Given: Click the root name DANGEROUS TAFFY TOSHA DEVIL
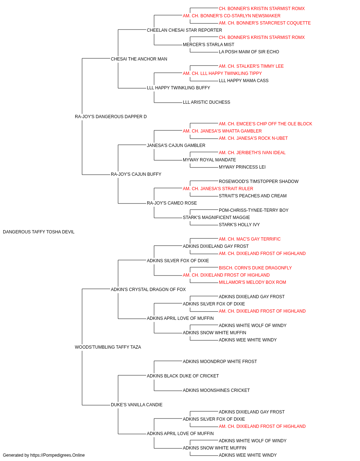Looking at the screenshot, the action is click(39, 232).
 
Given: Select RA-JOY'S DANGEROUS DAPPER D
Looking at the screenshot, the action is click(111, 117).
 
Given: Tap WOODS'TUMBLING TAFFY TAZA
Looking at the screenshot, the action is click(108, 347).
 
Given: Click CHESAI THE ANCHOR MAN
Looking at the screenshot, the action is click(139, 59).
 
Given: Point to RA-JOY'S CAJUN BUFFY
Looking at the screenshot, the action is click(136, 174).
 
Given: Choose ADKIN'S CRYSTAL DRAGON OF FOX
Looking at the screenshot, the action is click(148, 290).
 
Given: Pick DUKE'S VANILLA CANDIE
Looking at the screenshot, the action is click(136, 405).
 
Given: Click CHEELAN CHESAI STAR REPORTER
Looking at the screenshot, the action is click(184, 30).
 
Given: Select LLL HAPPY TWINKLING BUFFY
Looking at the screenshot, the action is click(178, 88).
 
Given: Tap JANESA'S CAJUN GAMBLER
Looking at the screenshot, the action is click(176, 146).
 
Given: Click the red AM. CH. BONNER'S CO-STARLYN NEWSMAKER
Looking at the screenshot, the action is click(231, 16).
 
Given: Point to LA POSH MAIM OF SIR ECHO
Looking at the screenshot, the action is click(249, 52).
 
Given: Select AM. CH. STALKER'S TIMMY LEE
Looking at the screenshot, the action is click(251, 66).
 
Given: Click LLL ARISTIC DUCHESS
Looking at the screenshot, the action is click(207, 102).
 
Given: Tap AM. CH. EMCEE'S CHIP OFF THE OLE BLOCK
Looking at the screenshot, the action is click(265, 124).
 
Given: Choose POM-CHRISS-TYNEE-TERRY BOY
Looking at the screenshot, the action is click(253, 210).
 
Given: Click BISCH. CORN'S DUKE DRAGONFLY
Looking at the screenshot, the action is click(255, 268).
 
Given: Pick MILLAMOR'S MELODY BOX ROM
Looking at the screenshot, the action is click(252, 282).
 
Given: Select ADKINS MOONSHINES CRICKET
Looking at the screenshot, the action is click(216, 390).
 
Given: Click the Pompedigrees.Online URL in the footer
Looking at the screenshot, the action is click(58, 455).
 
